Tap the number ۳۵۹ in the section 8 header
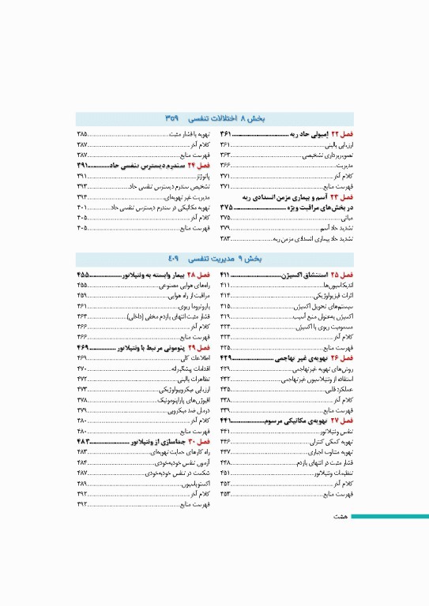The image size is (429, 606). [x=175, y=118]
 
